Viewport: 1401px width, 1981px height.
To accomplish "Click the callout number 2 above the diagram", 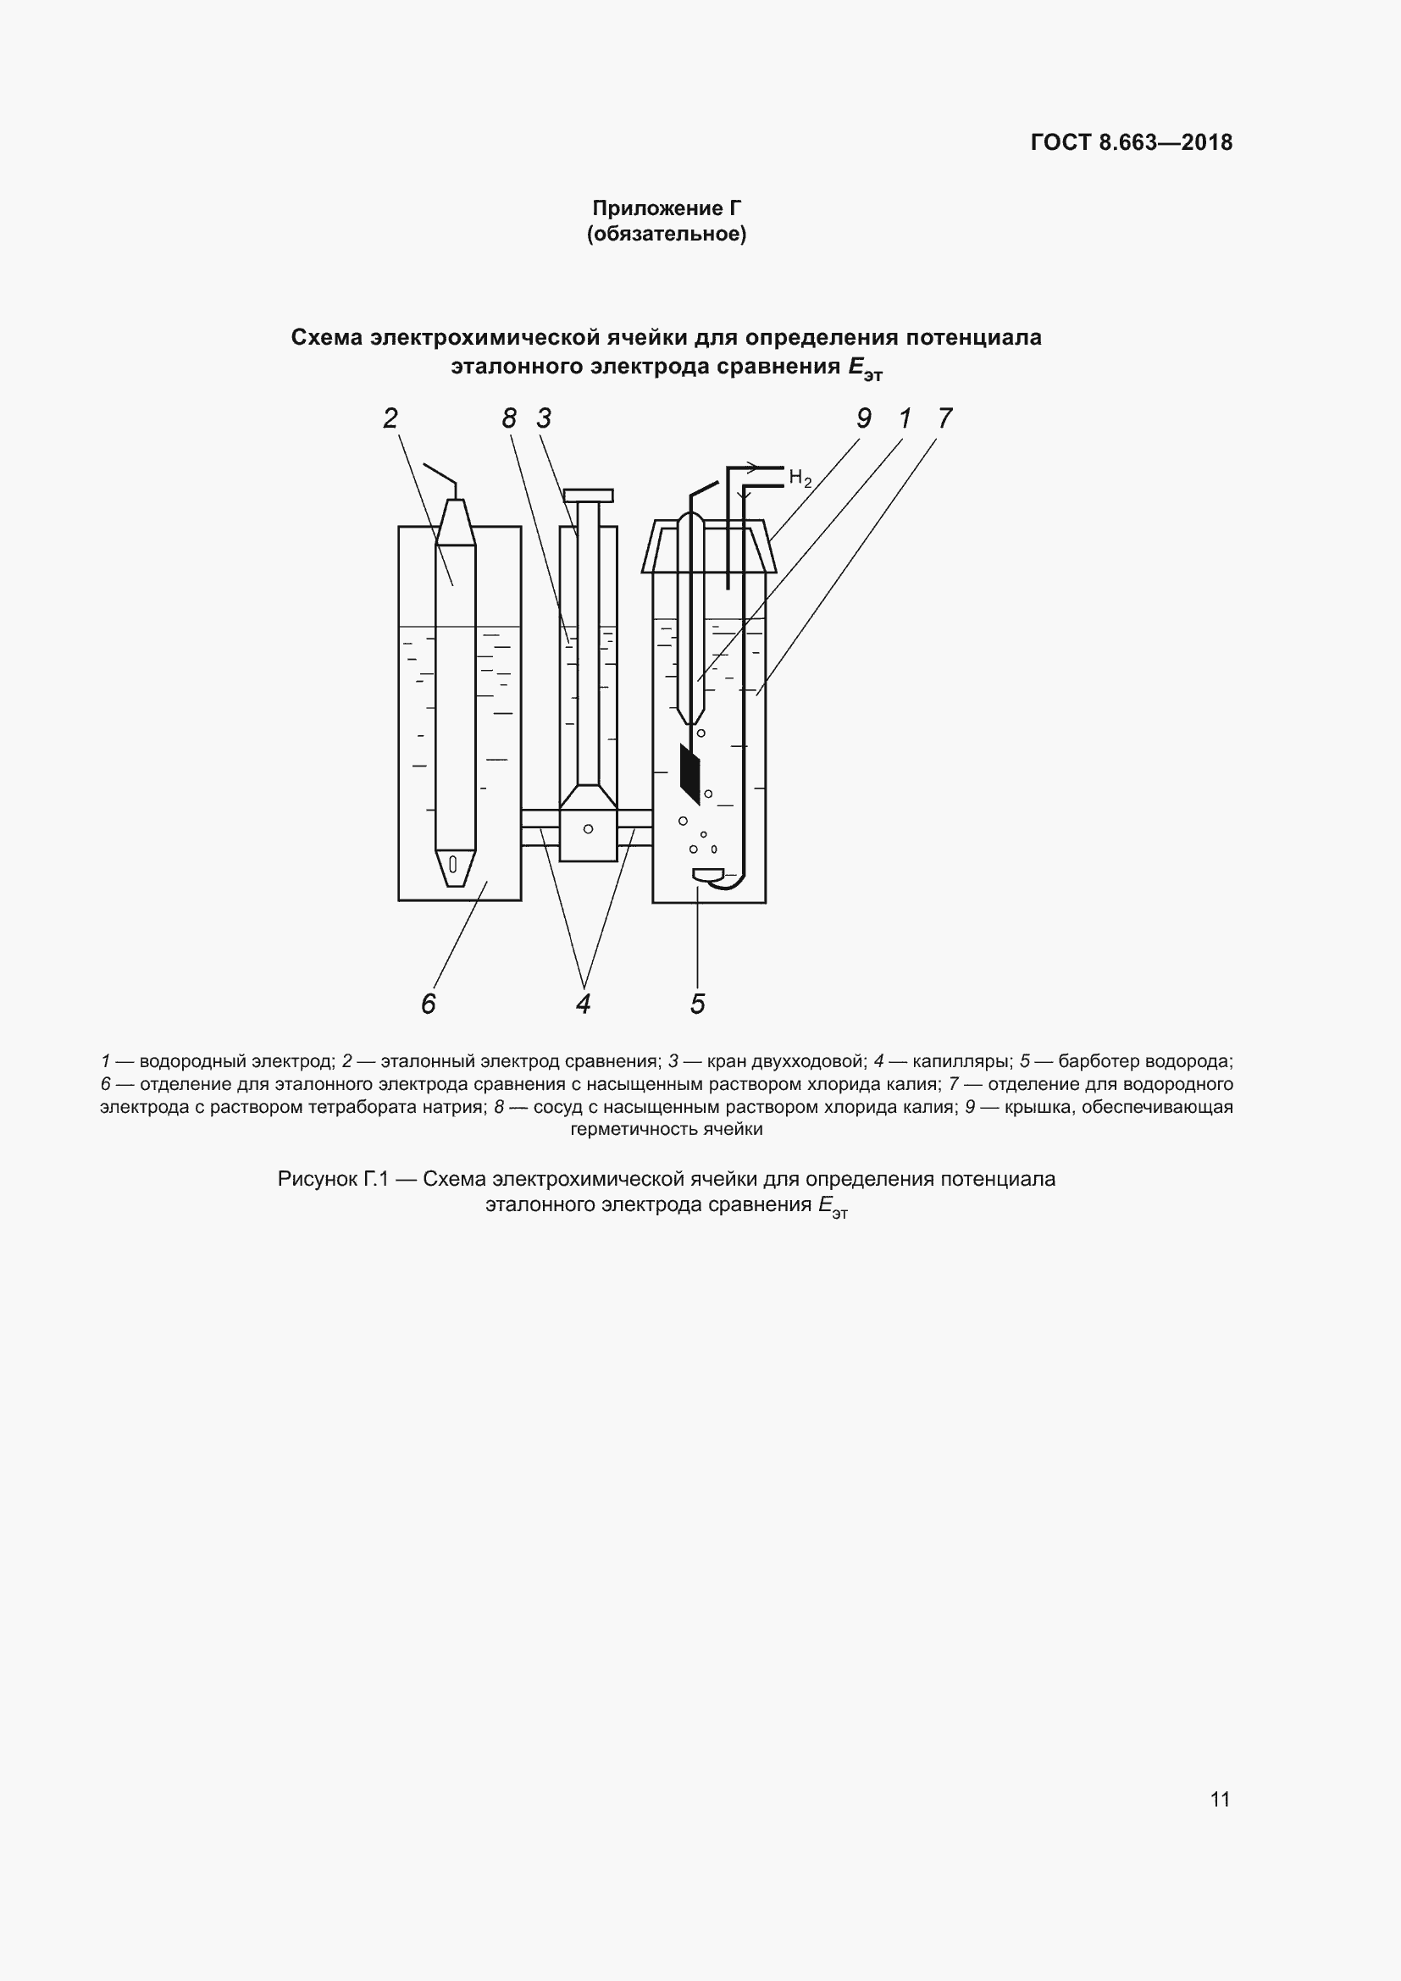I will [x=390, y=418].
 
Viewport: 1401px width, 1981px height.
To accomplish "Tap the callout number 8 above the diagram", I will [x=509, y=418].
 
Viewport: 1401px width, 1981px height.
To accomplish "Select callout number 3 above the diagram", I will [x=544, y=418].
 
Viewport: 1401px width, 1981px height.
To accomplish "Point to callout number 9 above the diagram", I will [x=863, y=418].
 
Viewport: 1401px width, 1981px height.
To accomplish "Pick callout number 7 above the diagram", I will [x=944, y=418].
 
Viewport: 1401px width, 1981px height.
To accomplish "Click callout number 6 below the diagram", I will [x=429, y=1004].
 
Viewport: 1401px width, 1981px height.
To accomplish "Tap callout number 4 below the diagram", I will [x=583, y=1004].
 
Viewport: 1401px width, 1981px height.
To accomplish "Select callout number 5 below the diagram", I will [x=698, y=1004].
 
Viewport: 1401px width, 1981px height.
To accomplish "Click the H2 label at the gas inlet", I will [x=800, y=478].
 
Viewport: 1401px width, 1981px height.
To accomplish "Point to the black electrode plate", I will [x=690, y=774].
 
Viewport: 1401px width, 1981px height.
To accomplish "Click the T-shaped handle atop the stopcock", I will [x=589, y=495].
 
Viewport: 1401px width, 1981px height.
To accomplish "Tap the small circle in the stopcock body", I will [x=589, y=829].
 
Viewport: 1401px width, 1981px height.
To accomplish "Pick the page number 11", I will [x=1220, y=1799].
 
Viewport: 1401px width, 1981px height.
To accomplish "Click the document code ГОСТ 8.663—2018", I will [x=1131, y=142].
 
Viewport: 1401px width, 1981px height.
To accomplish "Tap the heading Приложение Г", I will [x=666, y=208].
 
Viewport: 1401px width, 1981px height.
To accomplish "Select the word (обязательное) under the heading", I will [x=666, y=234].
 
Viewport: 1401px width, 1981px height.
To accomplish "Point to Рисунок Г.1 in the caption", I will [x=333, y=1179].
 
